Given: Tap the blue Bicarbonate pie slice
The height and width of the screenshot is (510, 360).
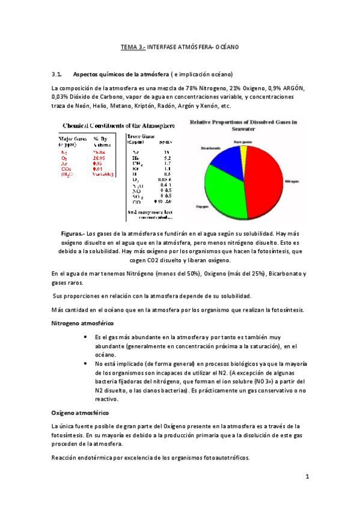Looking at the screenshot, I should click(x=222, y=158).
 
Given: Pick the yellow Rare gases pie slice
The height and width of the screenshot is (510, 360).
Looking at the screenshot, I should click(x=242, y=150).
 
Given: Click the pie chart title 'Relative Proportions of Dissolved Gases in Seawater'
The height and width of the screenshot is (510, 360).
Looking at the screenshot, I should click(x=243, y=124).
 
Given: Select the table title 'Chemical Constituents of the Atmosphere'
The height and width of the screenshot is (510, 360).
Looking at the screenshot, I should click(x=119, y=126).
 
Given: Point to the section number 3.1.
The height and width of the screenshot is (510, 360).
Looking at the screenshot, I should click(x=58, y=75).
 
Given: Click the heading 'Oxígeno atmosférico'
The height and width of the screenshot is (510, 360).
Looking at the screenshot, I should click(x=80, y=413).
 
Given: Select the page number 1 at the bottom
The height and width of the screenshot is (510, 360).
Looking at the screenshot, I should click(x=307, y=477).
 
